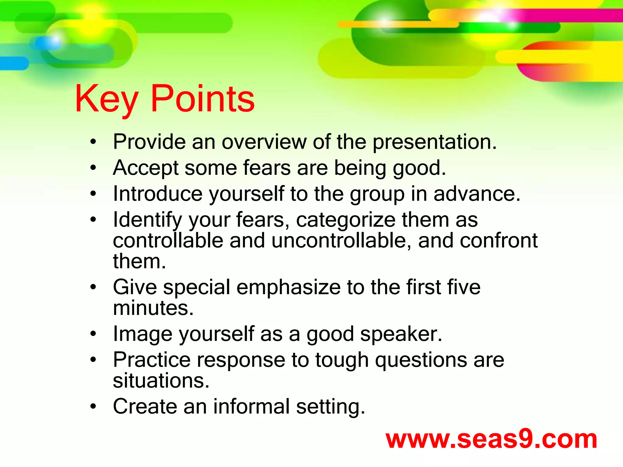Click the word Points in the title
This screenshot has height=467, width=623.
[x=203, y=99]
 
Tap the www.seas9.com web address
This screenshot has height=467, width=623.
[x=491, y=440]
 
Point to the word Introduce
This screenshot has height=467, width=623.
[x=158, y=194]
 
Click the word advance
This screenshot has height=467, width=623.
[x=477, y=194]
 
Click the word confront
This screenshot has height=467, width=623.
[x=499, y=240]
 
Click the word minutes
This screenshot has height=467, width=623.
[x=153, y=308]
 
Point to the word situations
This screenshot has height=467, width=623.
[x=161, y=381]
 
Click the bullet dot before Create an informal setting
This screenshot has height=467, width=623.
[x=93, y=406]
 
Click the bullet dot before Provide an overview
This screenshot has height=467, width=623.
[x=93, y=142]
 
